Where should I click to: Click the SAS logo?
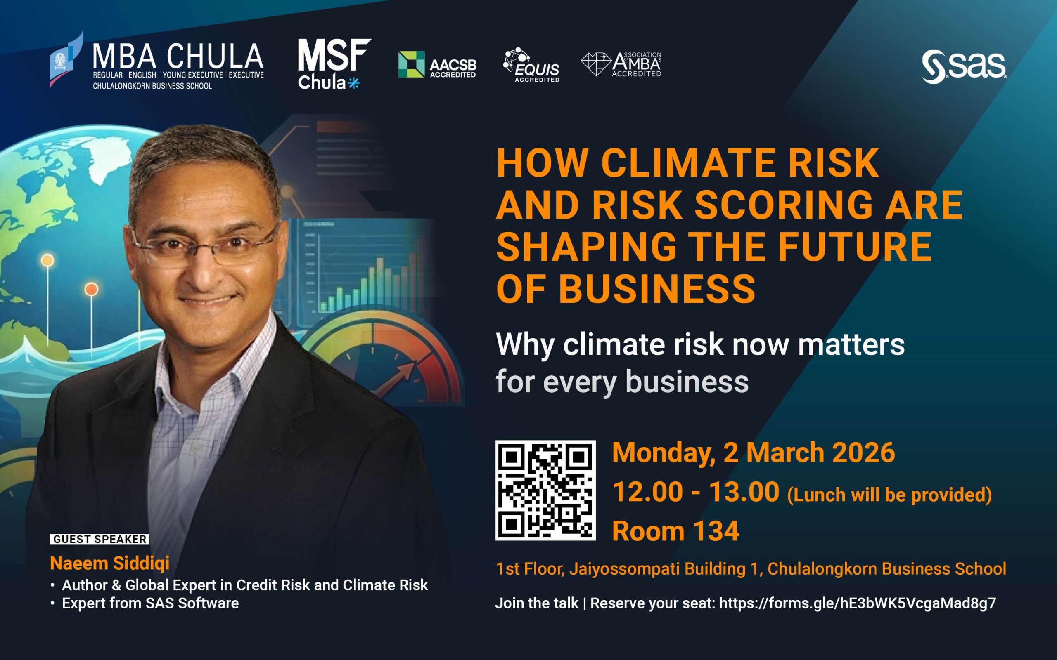(x=964, y=67)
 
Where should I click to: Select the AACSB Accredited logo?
(x=437, y=65)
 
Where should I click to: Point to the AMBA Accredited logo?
(x=621, y=64)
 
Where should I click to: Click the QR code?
(x=545, y=490)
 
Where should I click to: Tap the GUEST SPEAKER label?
(x=100, y=539)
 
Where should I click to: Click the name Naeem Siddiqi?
(x=110, y=563)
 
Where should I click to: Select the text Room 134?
(x=675, y=531)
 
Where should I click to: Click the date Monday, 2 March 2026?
(x=754, y=453)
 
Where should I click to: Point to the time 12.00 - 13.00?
(x=696, y=492)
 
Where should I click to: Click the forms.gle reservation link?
(x=858, y=603)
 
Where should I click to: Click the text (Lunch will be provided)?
(x=889, y=495)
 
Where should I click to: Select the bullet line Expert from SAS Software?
(x=150, y=603)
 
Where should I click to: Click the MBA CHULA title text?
(x=178, y=57)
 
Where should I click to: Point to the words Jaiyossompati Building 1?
(x=666, y=569)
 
